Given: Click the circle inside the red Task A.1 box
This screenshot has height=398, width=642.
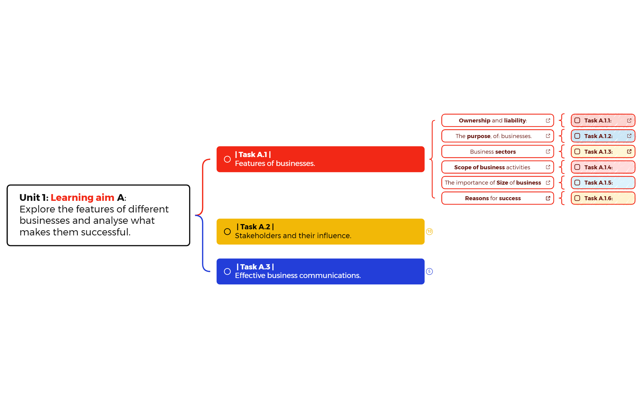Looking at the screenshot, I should point(227,159).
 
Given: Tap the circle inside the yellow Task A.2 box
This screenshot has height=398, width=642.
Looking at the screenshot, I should point(227,231).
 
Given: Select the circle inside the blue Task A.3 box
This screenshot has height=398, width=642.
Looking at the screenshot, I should point(227,272).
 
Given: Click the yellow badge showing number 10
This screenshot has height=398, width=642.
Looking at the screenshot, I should point(429,231).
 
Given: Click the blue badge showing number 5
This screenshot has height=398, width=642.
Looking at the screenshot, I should point(429,272).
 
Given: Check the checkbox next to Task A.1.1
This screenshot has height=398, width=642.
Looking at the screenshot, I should point(577,120).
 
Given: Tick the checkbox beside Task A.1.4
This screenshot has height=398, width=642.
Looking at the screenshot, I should point(577,167).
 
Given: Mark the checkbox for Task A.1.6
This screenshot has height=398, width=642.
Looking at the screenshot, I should point(577,198).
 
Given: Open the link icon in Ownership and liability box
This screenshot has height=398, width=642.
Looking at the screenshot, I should point(548,120).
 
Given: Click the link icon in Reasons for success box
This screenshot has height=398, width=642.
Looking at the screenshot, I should point(548,198).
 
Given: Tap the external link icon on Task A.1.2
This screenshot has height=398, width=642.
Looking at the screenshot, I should point(629,136).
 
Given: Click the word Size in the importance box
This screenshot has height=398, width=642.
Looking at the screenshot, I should point(502,183).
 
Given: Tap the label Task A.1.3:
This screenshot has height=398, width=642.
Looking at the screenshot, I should point(598,152).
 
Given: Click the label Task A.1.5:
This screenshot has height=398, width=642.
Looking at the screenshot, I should point(598,183).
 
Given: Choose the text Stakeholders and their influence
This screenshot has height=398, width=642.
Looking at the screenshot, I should point(293,236).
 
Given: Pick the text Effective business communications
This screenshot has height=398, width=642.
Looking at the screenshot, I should point(298,276).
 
